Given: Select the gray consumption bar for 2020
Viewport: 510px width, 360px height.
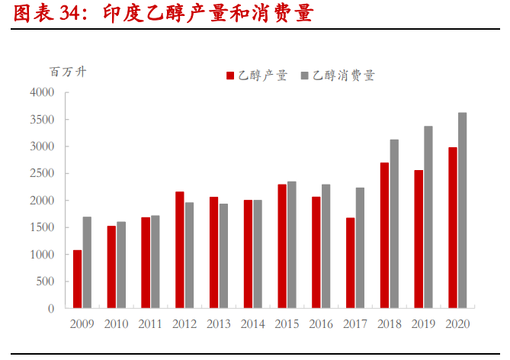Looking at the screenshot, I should (462, 211).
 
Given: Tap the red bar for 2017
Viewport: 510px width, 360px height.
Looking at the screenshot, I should (350, 263).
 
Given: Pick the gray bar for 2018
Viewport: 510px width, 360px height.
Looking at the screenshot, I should (394, 224).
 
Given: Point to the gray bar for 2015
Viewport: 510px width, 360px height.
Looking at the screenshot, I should (291, 245).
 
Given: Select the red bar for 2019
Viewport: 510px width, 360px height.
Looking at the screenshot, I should (419, 239).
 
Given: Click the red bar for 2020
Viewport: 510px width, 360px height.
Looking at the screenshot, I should (452, 228).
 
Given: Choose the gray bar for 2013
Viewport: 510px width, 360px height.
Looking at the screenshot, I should (223, 256).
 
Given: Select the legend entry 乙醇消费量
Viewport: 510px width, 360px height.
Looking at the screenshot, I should (342, 75).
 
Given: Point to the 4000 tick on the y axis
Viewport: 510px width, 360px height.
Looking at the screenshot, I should (42, 93).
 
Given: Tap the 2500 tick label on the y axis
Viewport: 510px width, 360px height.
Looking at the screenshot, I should (42, 174).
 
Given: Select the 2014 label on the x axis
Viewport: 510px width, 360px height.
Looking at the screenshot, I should (252, 323).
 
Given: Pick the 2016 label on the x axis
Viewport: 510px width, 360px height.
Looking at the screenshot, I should (321, 323).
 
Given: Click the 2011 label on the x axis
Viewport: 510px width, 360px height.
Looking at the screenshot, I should (150, 323).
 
